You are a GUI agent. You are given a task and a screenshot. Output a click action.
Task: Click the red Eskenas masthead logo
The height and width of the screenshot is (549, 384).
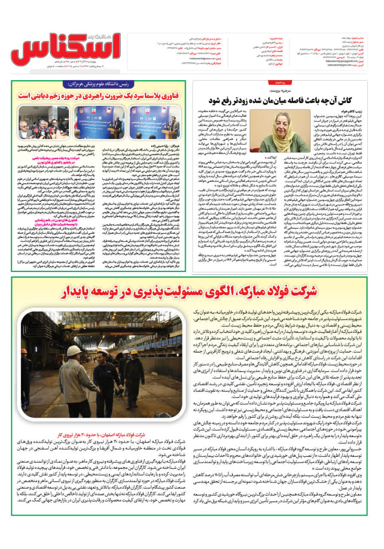64,51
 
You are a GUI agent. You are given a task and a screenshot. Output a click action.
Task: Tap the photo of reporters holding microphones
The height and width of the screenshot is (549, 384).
38,122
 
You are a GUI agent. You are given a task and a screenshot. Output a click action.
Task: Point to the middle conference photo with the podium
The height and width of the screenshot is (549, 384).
99,122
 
